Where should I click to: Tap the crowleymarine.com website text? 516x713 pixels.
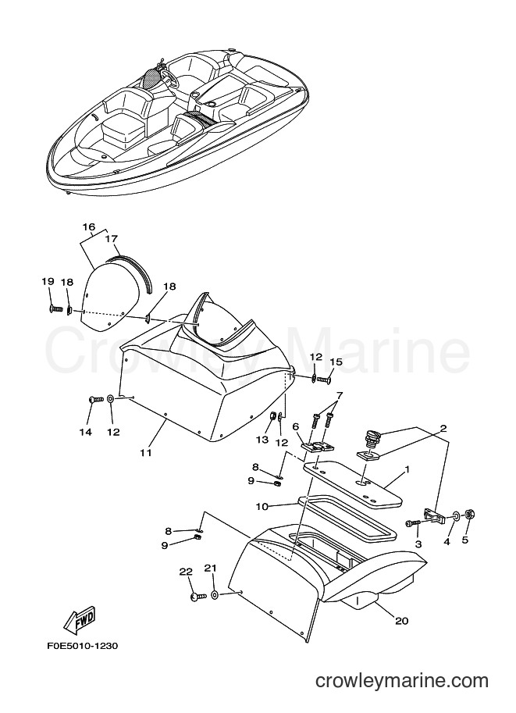coord(402,681)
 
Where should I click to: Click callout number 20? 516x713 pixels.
coord(401,620)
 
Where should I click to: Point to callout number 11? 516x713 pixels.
coord(146,453)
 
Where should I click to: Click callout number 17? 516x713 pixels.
coord(112,238)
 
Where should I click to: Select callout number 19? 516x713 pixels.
coord(48,281)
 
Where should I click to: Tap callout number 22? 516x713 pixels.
coord(186,572)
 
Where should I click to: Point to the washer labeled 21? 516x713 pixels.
coord(215,595)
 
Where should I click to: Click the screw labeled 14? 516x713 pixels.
coord(95,400)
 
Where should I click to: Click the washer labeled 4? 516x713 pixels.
coord(456,516)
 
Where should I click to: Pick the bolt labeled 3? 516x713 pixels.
coord(413,524)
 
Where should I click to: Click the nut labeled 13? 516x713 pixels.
coord(269,415)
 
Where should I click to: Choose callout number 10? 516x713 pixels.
coord(262,506)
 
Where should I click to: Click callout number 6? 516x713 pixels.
coord(296,426)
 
